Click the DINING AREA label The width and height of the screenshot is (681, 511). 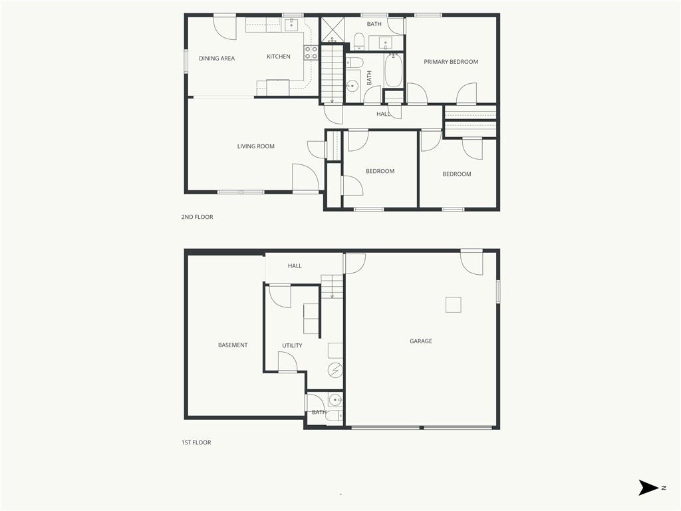[217, 59]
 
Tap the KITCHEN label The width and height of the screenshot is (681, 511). [279, 57]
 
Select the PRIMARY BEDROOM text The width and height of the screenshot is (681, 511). [451, 62]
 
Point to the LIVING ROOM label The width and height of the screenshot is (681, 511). [256, 146]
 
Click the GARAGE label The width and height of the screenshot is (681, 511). [421, 341]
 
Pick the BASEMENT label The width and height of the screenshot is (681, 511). [233, 345]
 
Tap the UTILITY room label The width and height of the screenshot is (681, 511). [292, 345]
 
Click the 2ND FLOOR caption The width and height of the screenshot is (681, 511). [197, 217]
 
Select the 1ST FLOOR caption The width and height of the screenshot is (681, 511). [196, 442]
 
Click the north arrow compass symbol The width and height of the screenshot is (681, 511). [648, 488]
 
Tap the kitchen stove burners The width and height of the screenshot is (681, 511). [311, 53]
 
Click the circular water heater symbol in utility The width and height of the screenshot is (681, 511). [335, 370]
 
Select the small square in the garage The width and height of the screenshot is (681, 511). [454, 305]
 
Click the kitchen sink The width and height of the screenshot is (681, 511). [291, 25]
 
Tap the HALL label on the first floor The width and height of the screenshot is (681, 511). [295, 266]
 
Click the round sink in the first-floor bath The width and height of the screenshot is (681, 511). [335, 400]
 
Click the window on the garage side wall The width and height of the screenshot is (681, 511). [498, 291]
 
